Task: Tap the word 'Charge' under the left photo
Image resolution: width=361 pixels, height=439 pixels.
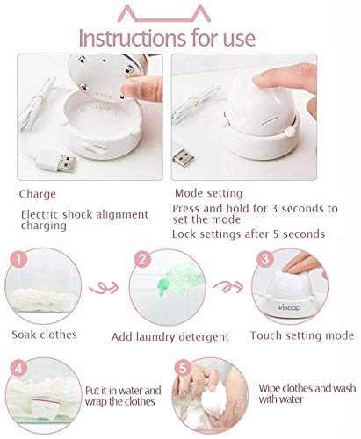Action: [38, 192]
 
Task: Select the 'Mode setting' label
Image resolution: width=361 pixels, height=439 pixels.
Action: [207, 192]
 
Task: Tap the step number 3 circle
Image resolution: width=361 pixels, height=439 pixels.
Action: [262, 261]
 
